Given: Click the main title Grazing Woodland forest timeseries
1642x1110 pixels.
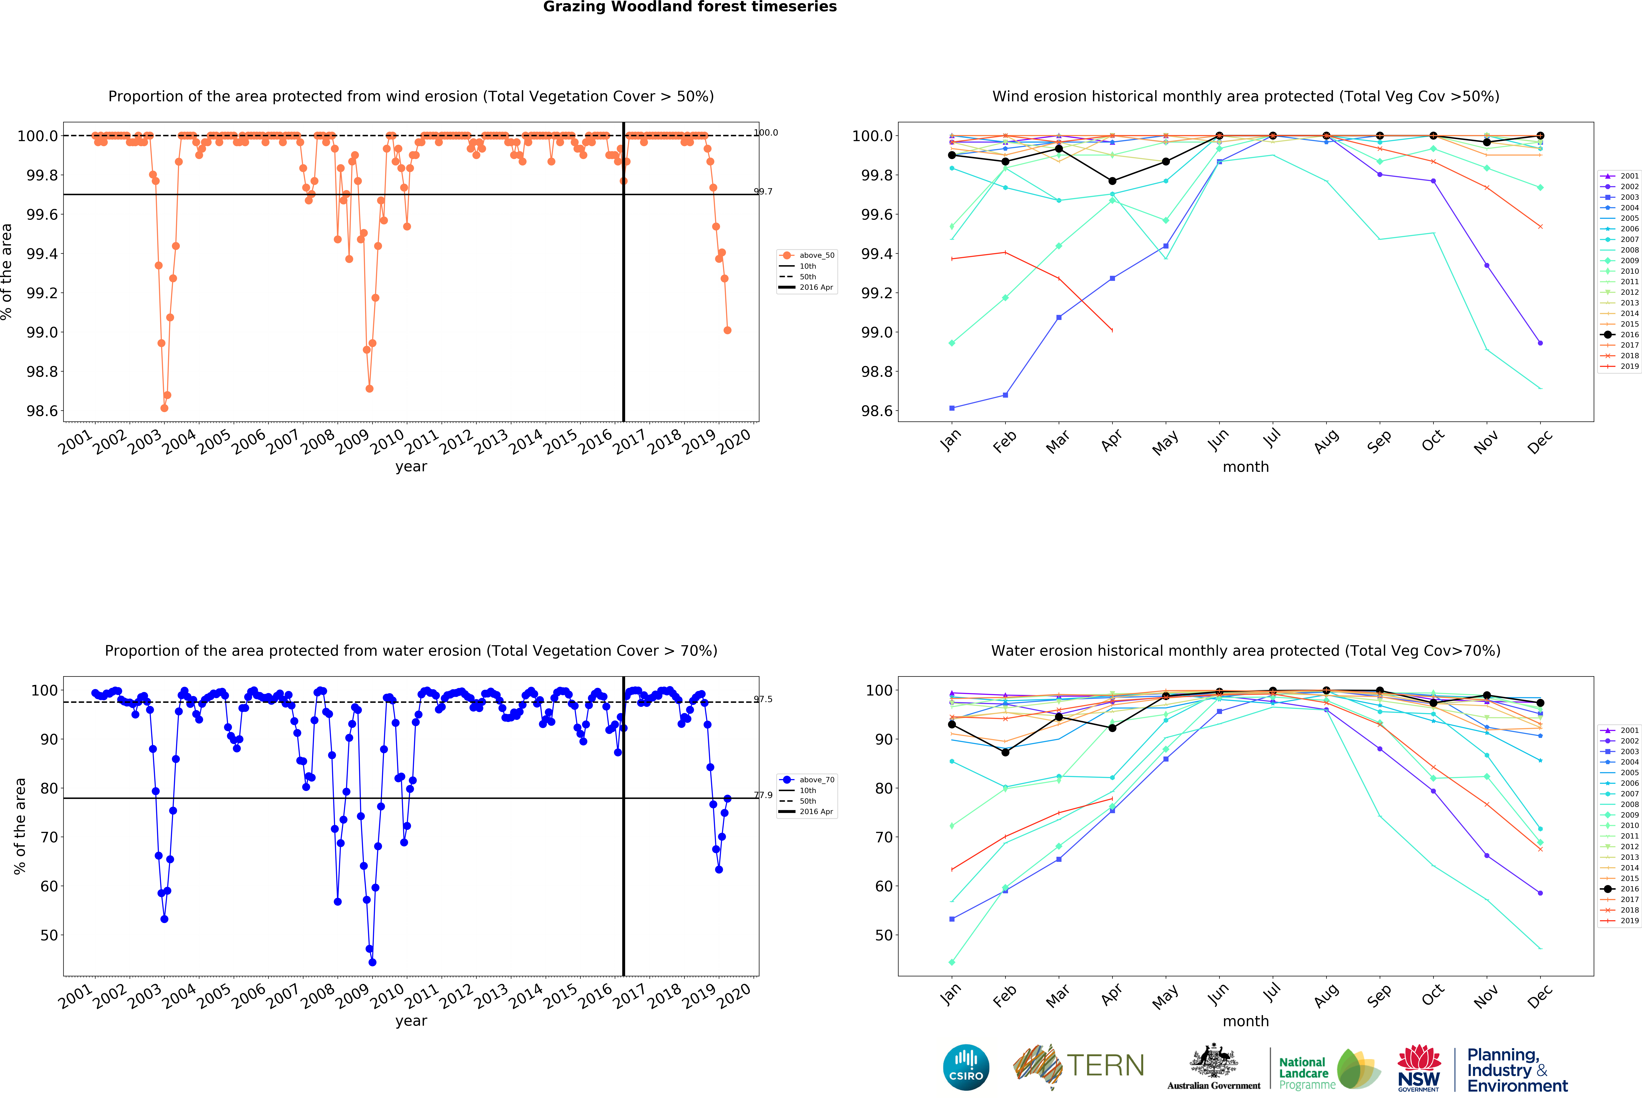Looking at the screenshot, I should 690,7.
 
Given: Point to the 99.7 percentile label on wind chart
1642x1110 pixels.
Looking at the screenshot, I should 763,192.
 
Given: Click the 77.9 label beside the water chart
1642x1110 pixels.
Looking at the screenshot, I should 763,795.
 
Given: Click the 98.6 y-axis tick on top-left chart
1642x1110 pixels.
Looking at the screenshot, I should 42,411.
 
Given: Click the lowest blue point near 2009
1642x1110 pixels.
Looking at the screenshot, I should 372,962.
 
